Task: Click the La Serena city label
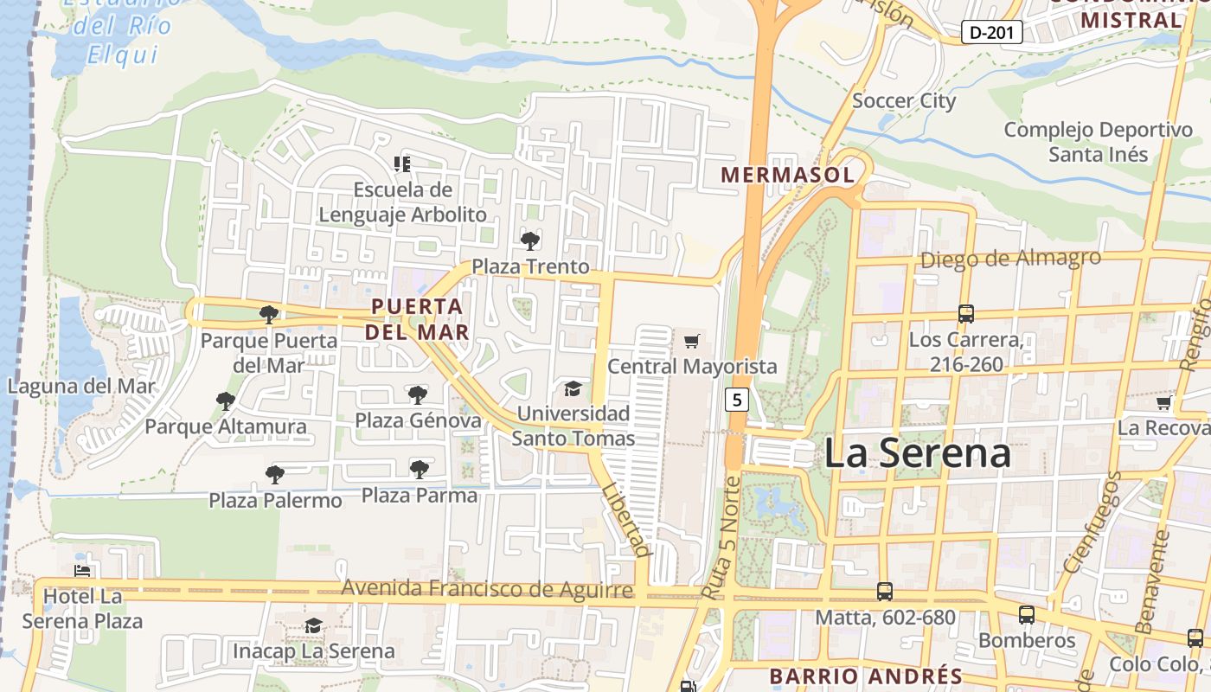coord(917,453)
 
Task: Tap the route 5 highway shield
coord(736,400)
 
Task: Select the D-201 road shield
coord(992,33)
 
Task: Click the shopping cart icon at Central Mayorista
coord(691,342)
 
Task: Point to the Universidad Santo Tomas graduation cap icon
coord(573,388)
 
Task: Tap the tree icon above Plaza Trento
coord(529,240)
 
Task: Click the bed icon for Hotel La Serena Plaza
coord(82,571)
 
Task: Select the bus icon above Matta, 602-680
coord(885,592)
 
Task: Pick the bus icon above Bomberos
coord(1027,615)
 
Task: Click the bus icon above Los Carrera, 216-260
coord(966,313)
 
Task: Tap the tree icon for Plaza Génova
coord(418,395)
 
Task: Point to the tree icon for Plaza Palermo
coord(275,474)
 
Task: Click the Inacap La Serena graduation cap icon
coord(313,625)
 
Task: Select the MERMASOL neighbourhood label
coord(787,175)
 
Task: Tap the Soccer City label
coord(904,100)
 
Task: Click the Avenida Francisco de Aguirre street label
coord(487,589)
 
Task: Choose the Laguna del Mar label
coord(81,386)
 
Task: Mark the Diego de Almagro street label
coord(1010,258)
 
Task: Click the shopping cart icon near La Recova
coord(1164,402)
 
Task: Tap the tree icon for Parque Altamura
coord(226,400)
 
